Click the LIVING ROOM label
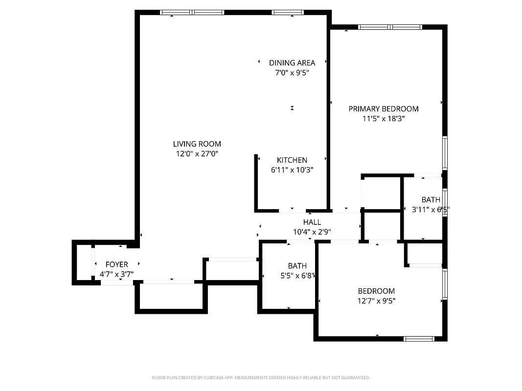(x=197, y=144)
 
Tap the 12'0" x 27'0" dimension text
(x=197, y=153)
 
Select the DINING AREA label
(x=292, y=63)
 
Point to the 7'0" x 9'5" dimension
(x=292, y=73)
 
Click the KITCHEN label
(x=292, y=160)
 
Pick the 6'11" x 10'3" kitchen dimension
(x=292, y=170)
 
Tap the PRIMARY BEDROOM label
(x=383, y=109)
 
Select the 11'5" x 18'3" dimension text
(x=383, y=118)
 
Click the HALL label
(x=312, y=222)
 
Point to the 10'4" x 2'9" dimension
(x=312, y=232)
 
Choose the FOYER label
(x=116, y=264)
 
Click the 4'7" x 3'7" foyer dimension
(x=116, y=274)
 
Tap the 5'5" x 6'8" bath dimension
(x=297, y=276)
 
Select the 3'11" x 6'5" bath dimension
(x=431, y=210)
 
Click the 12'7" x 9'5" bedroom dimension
(x=376, y=301)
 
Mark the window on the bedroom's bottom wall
(x=419, y=338)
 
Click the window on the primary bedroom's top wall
(x=390, y=27)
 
